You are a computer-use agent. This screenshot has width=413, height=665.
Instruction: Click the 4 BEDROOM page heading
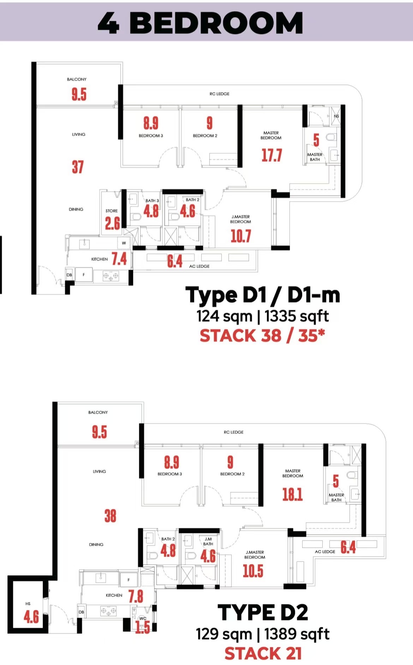(200, 23)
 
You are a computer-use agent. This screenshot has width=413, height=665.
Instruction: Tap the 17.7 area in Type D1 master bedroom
(271, 155)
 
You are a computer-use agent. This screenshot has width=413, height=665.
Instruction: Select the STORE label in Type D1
(112, 211)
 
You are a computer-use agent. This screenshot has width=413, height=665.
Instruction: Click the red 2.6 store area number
(112, 223)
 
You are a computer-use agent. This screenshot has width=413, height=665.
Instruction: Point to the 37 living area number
(78, 167)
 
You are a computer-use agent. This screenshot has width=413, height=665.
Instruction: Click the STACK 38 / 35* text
(262, 335)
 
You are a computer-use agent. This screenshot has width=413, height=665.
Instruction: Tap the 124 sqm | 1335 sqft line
(263, 316)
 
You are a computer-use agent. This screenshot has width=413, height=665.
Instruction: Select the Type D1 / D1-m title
(263, 295)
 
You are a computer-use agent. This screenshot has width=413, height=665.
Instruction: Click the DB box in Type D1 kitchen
(69, 275)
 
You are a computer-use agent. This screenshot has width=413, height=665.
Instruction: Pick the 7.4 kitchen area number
(119, 259)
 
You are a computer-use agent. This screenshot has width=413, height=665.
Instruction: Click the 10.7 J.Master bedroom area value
(241, 236)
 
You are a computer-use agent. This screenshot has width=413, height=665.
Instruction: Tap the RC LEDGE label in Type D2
(234, 432)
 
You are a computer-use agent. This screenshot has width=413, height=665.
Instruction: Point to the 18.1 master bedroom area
(293, 495)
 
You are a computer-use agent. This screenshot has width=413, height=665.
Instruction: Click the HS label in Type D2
(28, 604)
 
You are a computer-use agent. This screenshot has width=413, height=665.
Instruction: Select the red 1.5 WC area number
(143, 627)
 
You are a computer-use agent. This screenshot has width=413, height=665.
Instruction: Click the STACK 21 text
(263, 653)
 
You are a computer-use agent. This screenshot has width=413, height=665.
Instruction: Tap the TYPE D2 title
(263, 612)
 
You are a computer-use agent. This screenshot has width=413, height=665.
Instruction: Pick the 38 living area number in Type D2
(110, 516)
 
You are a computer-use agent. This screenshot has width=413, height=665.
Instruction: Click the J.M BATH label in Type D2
(208, 541)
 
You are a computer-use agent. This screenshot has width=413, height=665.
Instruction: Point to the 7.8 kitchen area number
(136, 597)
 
